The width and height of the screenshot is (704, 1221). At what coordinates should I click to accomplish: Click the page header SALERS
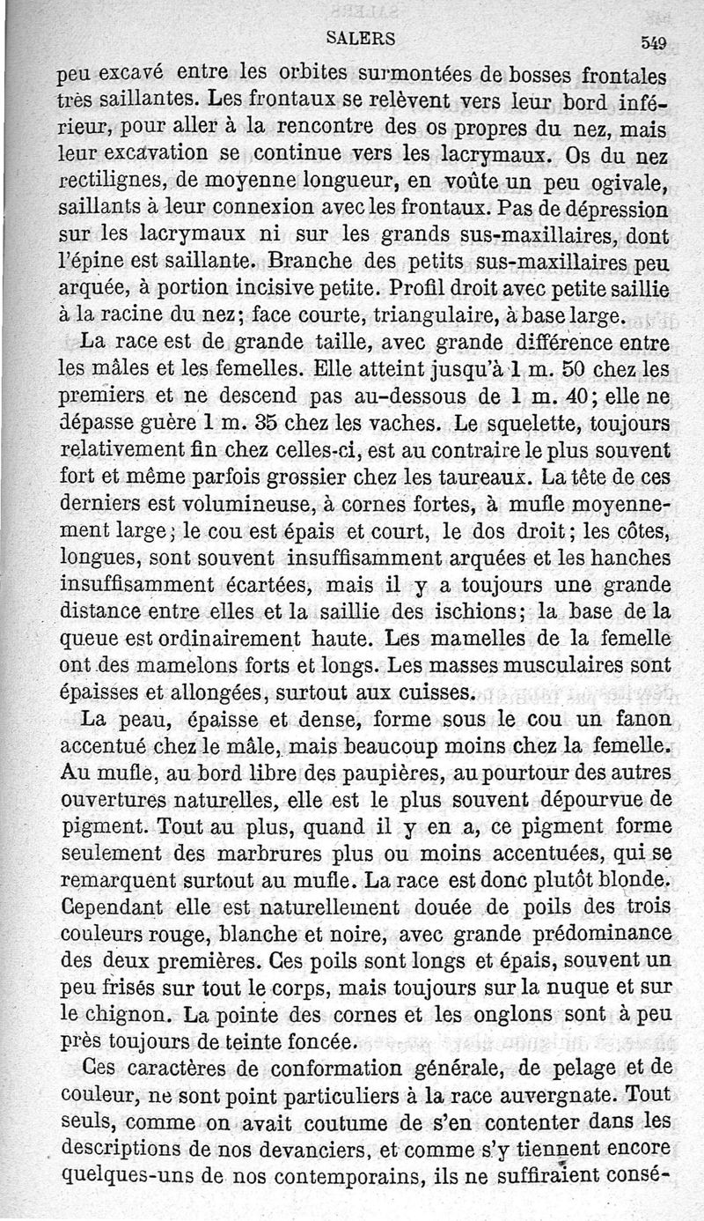click(x=360, y=38)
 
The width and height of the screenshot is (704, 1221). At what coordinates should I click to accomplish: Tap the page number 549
click(x=654, y=42)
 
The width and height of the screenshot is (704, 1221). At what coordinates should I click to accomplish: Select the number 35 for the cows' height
click(x=280, y=422)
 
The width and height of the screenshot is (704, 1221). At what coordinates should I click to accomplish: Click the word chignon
click(x=110, y=1015)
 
